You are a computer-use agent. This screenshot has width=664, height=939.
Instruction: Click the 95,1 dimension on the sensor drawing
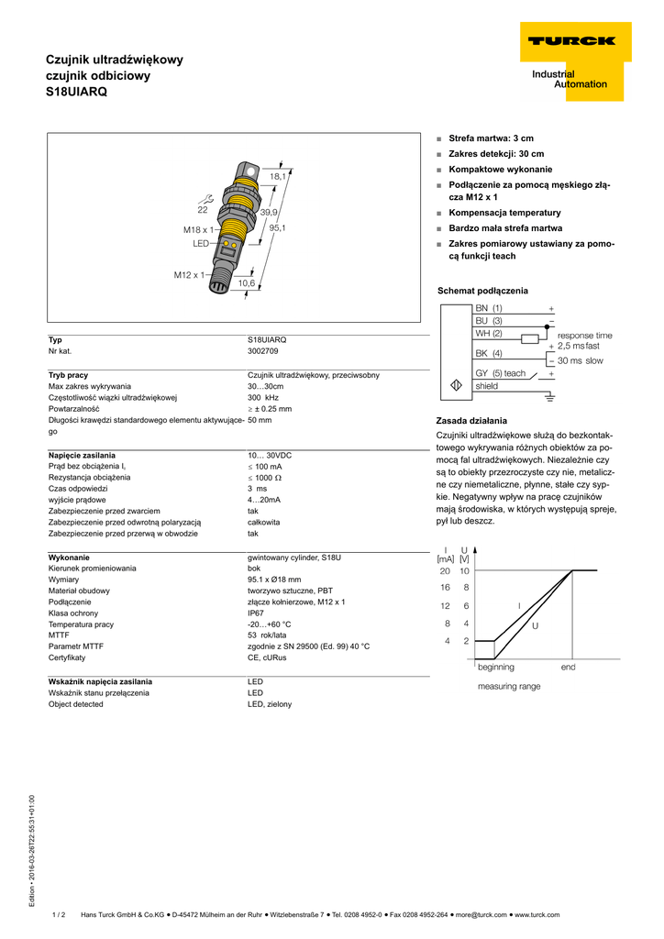pyautogui.click(x=277, y=227)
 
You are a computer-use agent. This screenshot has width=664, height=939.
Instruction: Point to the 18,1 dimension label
pyautogui.click(x=277, y=176)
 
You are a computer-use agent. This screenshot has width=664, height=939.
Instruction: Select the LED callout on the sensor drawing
pyautogui.click(x=201, y=244)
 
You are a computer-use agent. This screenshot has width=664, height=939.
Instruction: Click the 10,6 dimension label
pyautogui.click(x=247, y=283)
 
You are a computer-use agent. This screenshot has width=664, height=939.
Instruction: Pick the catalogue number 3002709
pyautogui.click(x=263, y=350)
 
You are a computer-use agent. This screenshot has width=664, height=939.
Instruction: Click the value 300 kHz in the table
pyautogui.click(x=263, y=398)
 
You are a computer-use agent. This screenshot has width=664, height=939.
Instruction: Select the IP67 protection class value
pyautogui.click(x=256, y=613)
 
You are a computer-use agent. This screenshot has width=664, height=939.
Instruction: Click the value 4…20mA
pyautogui.click(x=264, y=500)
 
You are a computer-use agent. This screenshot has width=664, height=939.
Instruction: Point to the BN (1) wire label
pyautogui.click(x=489, y=308)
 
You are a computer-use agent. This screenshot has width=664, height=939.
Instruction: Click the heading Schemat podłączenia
pyautogui.click(x=482, y=291)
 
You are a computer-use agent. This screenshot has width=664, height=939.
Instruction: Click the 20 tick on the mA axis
pyautogui.click(x=445, y=570)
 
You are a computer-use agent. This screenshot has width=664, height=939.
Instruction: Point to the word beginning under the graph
pyautogui.click(x=495, y=667)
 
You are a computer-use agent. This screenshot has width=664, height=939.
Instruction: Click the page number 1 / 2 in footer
pyautogui.click(x=60, y=914)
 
